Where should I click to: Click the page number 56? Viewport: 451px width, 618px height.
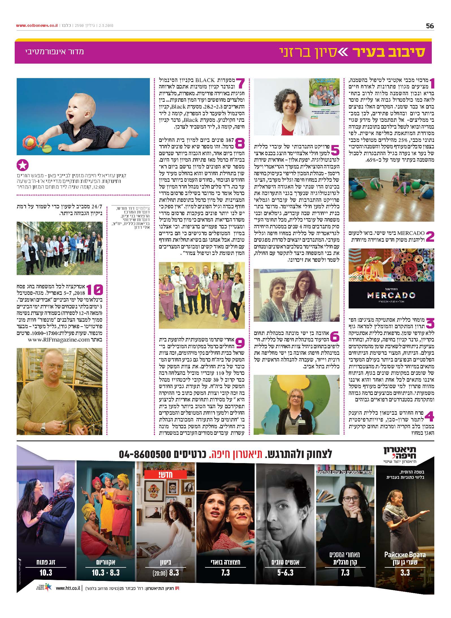pos(430,26)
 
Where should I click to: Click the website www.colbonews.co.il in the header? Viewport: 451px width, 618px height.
pos(37,25)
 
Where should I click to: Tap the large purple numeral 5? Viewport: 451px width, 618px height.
pos(334,150)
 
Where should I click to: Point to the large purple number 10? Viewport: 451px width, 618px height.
pos(95,290)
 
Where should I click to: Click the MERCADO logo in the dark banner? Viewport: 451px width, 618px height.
pos(391,295)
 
